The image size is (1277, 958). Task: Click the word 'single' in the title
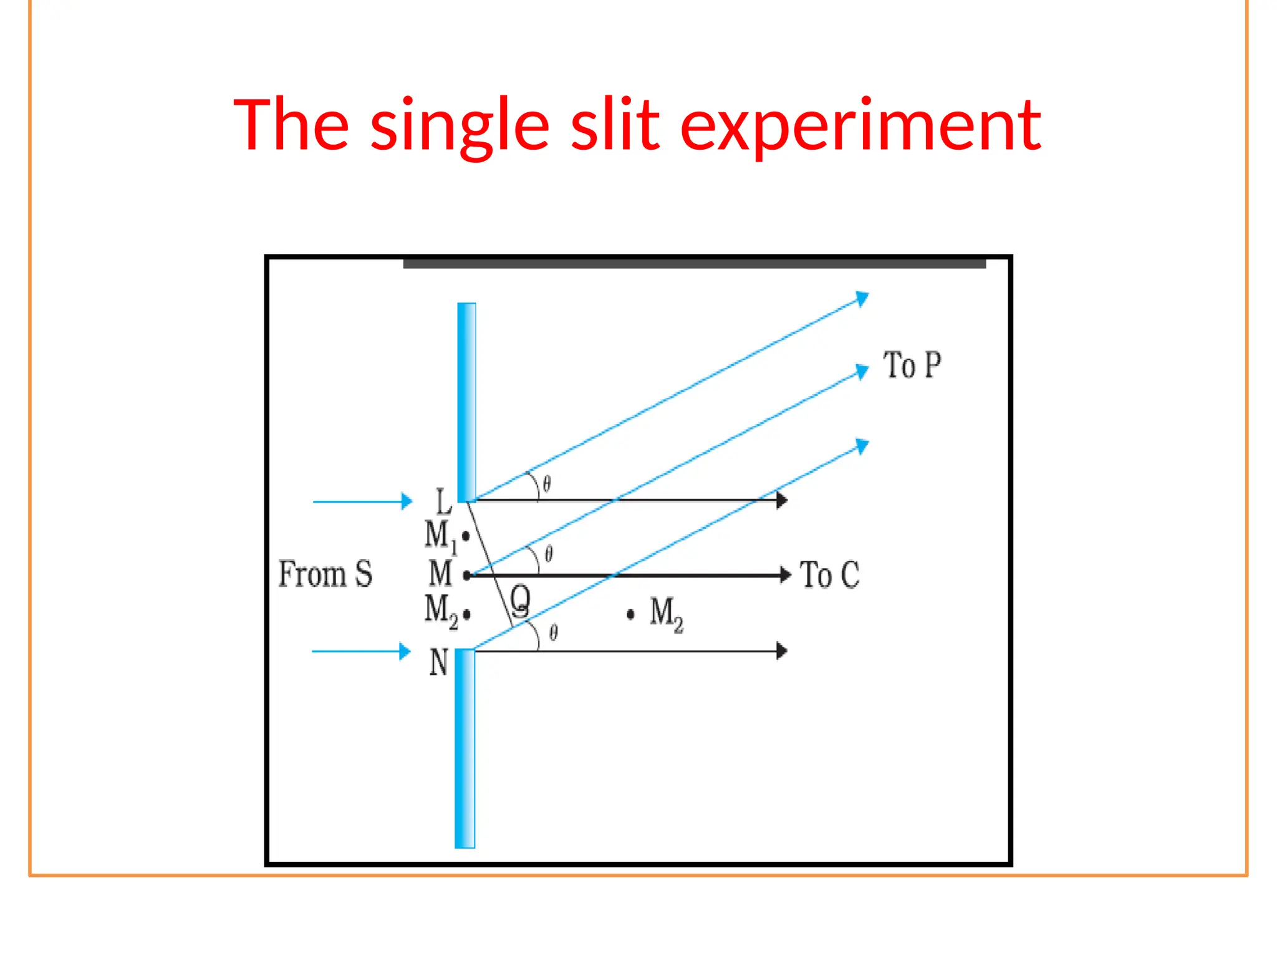click(460, 125)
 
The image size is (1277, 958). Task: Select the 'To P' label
click(912, 365)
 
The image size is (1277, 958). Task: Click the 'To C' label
click(829, 574)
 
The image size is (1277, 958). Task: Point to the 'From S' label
click(325, 574)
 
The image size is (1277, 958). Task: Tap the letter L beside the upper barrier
click(443, 502)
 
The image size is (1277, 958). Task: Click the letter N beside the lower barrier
click(439, 662)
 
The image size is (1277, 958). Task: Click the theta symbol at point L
click(547, 484)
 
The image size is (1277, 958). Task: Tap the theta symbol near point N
click(554, 633)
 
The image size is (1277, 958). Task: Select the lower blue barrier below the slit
click(465, 748)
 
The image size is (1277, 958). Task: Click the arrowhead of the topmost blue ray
click(862, 298)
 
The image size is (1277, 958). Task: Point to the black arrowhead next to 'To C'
click(786, 574)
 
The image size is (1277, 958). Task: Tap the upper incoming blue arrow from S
click(362, 501)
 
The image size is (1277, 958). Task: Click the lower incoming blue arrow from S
click(360, 651)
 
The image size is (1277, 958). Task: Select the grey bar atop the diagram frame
click(694, 264)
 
